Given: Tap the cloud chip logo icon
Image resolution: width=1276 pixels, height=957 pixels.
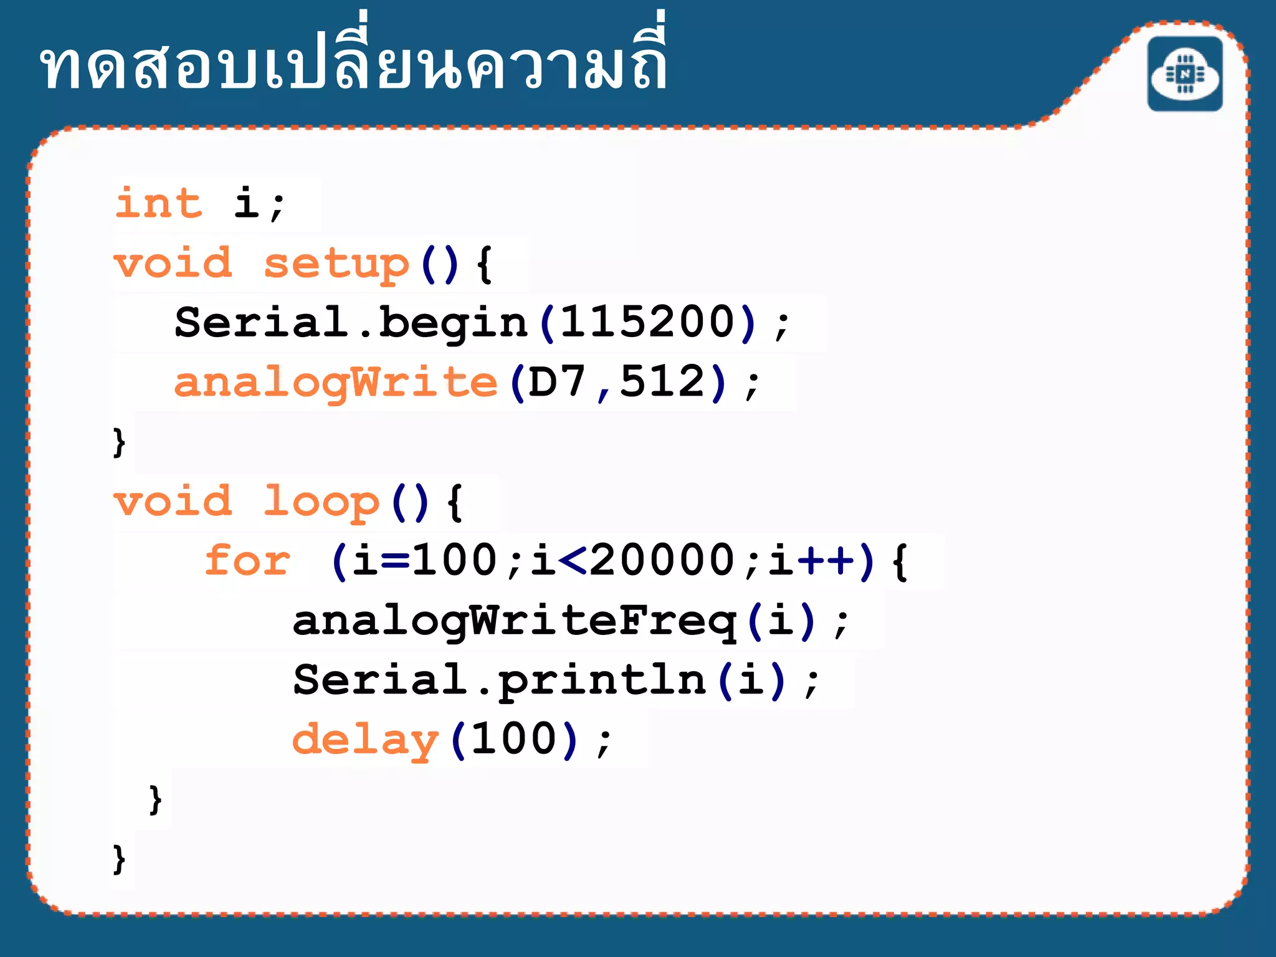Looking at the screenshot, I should click(x=1184, y=74).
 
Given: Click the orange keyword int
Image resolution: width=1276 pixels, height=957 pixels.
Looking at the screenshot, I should click(x=159, y=203).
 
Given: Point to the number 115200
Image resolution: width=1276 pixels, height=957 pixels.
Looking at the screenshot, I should click(x=648, y=323).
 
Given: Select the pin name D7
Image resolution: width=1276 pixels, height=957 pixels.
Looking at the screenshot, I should click(x=557, y=381).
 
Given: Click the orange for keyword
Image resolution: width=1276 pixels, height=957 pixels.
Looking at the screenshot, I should click(x=248, y=561).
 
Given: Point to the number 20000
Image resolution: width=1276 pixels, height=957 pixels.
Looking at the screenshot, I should click(x=662, y=559).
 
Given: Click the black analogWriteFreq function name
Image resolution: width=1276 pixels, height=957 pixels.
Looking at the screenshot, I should click(x=515, y=621).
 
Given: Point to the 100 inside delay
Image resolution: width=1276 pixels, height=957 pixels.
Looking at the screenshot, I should click(x=514, y=739).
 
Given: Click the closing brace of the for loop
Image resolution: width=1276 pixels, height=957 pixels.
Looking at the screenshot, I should click(x=156, y=800).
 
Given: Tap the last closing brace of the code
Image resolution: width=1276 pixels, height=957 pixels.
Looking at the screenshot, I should click(x=119, y=860).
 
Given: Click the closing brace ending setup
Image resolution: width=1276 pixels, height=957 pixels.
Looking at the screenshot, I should click(x=119, y=442).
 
